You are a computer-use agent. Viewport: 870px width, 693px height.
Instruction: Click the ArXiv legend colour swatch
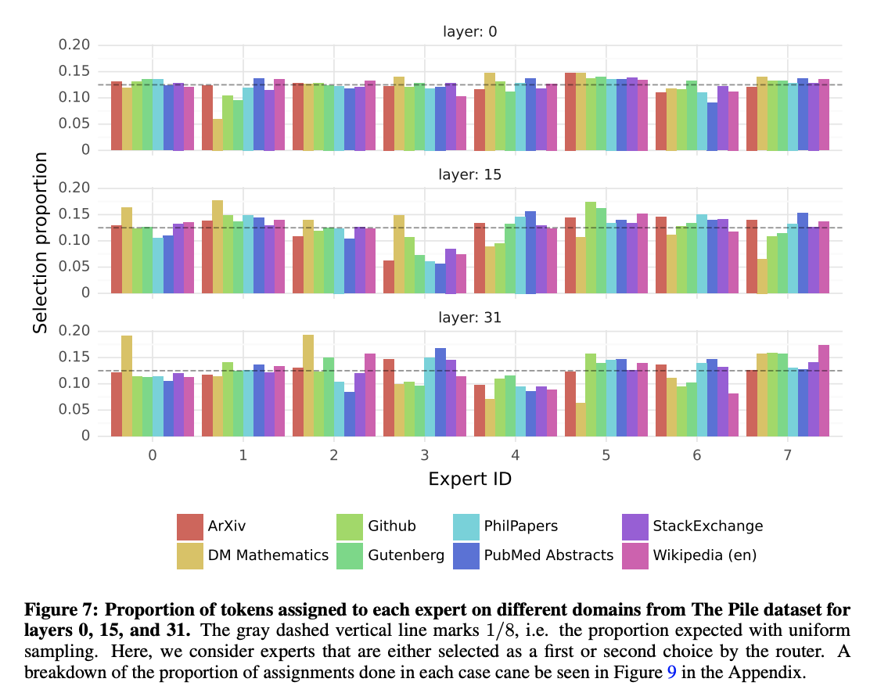coord(190,526)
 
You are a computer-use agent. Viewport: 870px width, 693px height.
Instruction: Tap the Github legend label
coord(392,526)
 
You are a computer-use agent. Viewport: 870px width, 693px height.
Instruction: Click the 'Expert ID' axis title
coord(470,479)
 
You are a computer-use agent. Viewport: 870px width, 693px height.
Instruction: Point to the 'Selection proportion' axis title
coord(41,243)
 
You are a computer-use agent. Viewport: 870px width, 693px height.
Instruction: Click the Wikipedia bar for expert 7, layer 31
coord(824,390)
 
